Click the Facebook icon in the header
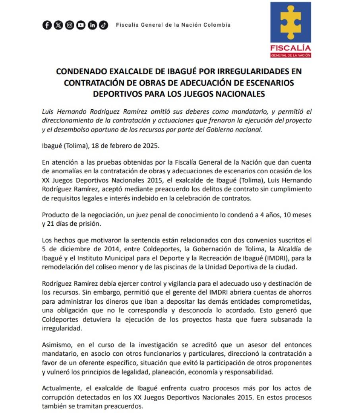pos(47,25)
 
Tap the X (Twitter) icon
pos(58,25)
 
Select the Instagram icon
pos(70,25)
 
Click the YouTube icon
pos(81,25)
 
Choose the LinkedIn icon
pos(92,25)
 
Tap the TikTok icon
pos(104,25)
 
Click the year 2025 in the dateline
pos(151,146)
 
